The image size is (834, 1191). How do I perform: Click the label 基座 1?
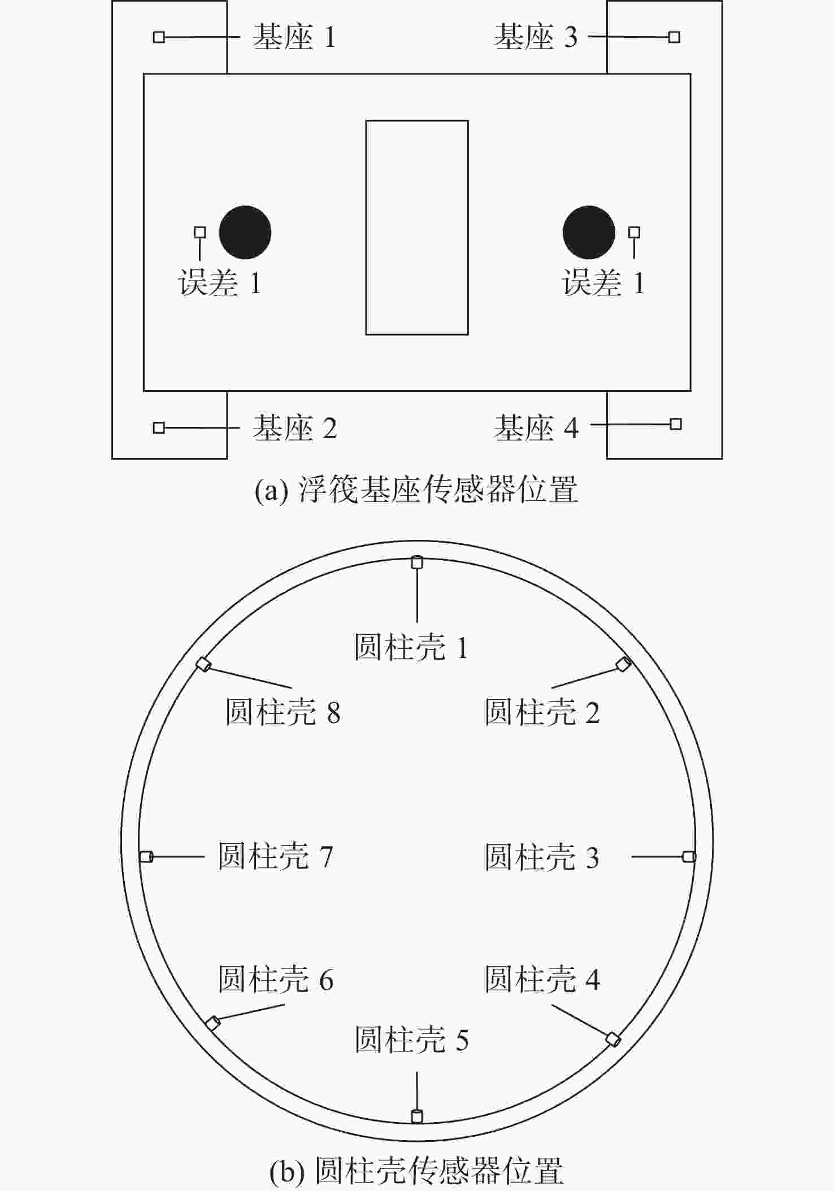coord(294,37)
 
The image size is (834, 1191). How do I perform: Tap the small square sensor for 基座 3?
coord(674,37)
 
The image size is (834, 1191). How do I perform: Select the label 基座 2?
coord(294,428)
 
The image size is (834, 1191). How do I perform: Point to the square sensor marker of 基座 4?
coord(676,424)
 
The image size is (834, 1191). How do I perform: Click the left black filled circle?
coord(245,232)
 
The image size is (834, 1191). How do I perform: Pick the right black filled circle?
coord(589,232)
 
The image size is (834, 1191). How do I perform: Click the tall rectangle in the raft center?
coord(417,228)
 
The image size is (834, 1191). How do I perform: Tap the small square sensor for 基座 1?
coord(159,37)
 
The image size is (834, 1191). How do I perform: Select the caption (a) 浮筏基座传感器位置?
coord(416,489)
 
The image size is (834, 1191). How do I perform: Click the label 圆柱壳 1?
coord(411,647)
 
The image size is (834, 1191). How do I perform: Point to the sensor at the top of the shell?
coord(417,562)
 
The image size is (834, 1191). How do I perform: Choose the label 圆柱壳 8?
coord(283,712)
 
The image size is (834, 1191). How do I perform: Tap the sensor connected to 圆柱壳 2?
coord(623,664)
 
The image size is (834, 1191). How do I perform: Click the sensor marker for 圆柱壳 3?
coord(689,857)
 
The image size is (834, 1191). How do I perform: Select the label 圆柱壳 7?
coord(276,857)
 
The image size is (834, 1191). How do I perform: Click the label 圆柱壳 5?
coord(412,1040)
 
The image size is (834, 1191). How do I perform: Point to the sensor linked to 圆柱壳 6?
coord(212,1023)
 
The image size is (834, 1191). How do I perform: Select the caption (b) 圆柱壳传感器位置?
coord(417,1171)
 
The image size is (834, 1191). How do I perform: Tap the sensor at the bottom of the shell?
coord(417,1116)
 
